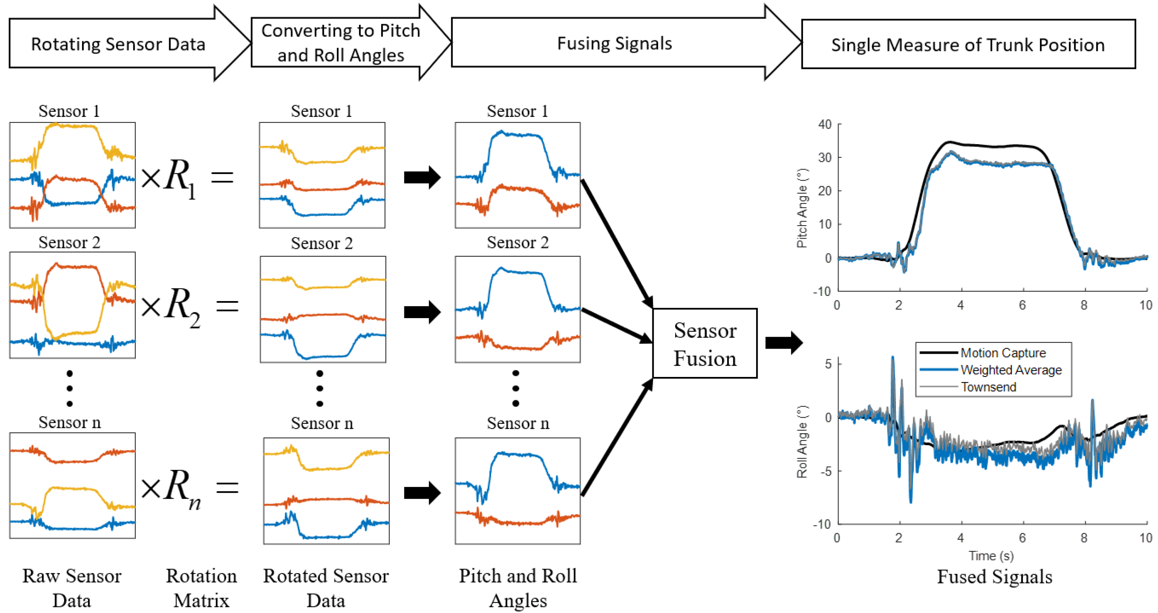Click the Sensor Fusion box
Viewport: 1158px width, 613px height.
(705, 344)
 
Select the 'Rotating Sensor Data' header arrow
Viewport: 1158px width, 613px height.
(118, 44)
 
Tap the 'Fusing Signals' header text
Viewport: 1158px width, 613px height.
(614, 44)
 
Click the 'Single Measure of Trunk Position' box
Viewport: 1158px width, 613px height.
(967, 45)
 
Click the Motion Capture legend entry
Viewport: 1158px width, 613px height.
(1003, 353)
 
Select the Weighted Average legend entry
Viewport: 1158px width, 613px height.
(1011, 370)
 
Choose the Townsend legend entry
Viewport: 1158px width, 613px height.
(988, 387)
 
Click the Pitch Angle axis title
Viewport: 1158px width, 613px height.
(802, 208)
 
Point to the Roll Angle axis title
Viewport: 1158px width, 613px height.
(802, 441)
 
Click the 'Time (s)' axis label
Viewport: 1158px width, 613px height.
(991, 556)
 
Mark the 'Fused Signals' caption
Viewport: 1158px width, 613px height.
(994, 577)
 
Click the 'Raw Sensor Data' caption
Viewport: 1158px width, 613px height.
(72, 588)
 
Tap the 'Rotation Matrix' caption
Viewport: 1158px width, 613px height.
(201, 588)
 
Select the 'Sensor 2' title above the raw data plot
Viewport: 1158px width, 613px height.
(69, 243)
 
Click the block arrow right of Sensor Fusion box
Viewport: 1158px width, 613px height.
(783, 343)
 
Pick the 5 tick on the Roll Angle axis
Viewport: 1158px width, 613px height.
(828, 364)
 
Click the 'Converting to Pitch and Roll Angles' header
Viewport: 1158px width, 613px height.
(341, 43)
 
